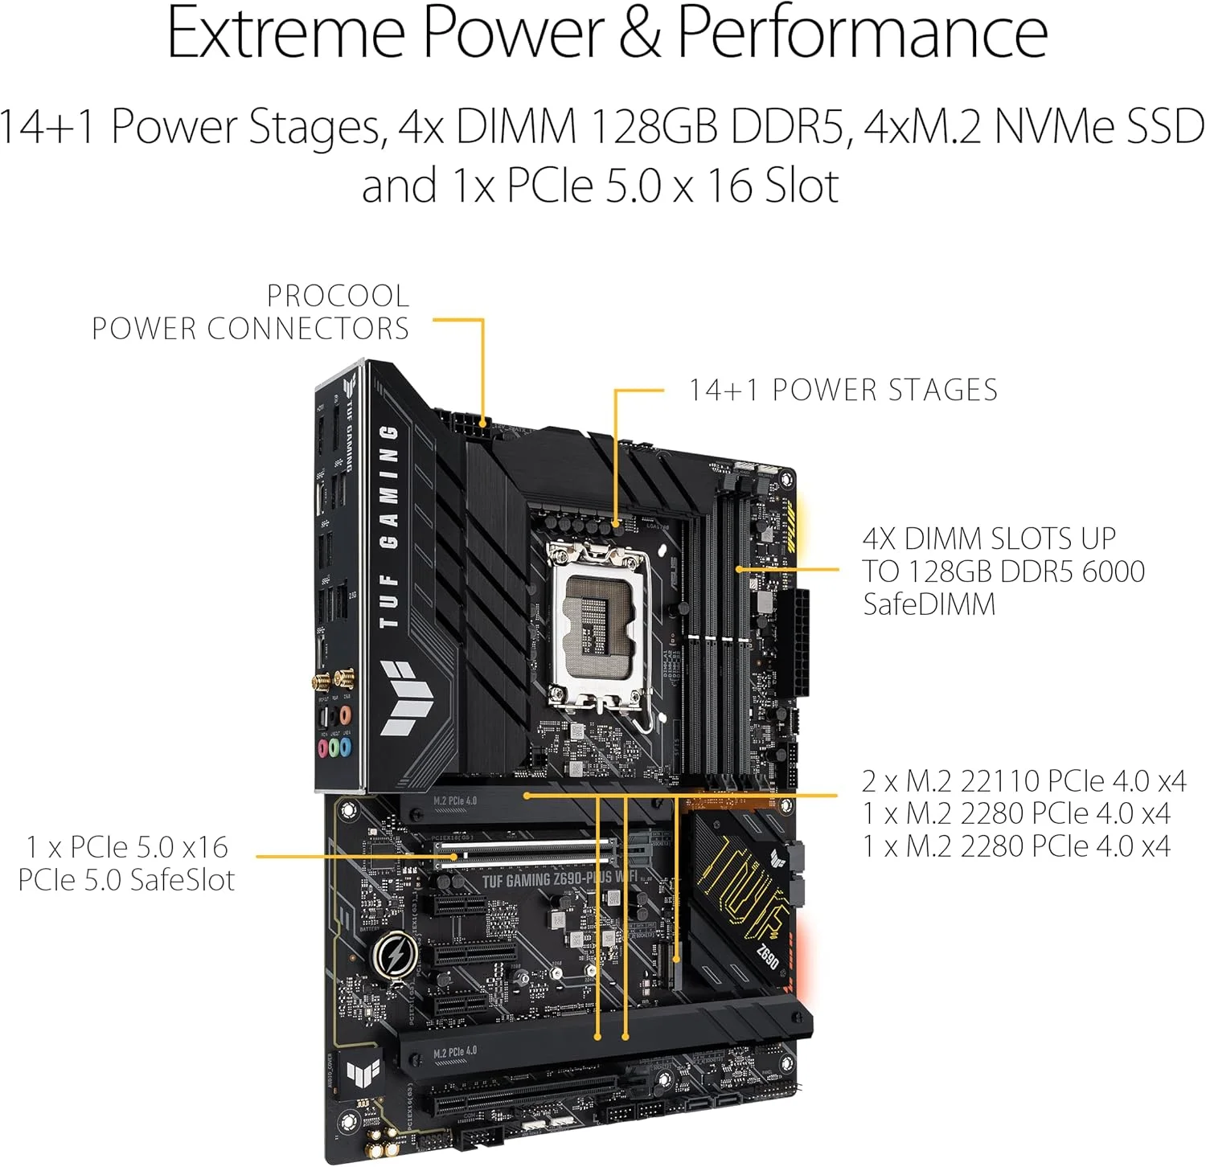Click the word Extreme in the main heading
[285, 33]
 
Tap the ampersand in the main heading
[640, 33]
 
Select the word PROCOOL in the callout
[338, 296]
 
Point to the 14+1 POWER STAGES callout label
[843, 391]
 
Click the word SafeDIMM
[929, 604]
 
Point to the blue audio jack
[346, 747]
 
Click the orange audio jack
[345, 714]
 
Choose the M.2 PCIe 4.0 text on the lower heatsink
[455, 1051]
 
